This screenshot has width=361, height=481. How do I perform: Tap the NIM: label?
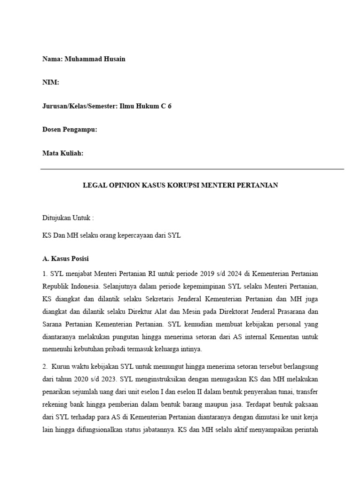tap(51, 82)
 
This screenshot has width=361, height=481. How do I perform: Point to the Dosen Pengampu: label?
tap(70, 130)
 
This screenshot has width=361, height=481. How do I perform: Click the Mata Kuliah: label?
tap(63, 153)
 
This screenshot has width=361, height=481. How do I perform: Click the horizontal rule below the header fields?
tap(192, 169)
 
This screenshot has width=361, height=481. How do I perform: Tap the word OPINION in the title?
tap(123, 185)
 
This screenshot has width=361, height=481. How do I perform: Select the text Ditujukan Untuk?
tap(67, 218)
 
